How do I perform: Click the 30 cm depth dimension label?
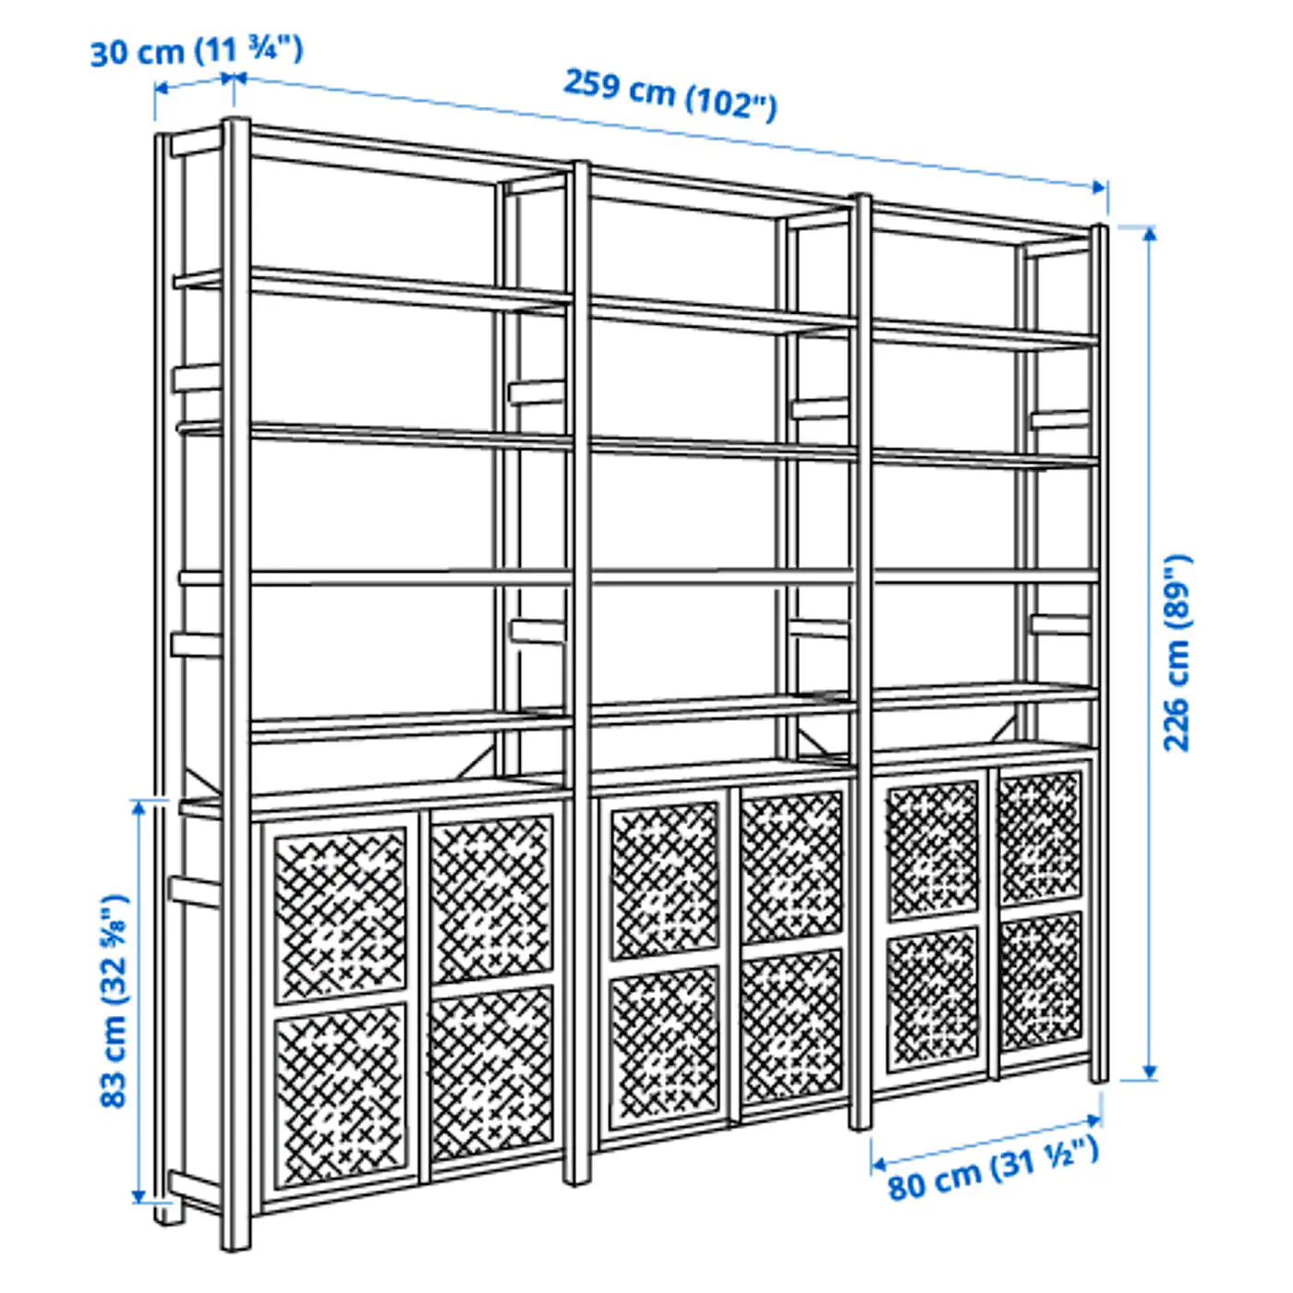pos(196,50)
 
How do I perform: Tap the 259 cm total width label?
pos(670,93)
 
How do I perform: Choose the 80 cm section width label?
pos(993,1167)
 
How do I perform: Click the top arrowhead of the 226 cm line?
pos(1149,233)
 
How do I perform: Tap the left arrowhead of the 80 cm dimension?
pos(878,1165)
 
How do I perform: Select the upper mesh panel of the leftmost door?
pos(341,914)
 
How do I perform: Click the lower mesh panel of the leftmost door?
pos(341,1094)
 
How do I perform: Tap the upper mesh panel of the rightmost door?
pos(1041,838)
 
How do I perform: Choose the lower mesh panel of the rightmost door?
pos(1041,981)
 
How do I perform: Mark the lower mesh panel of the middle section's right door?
pos(792,1025)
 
